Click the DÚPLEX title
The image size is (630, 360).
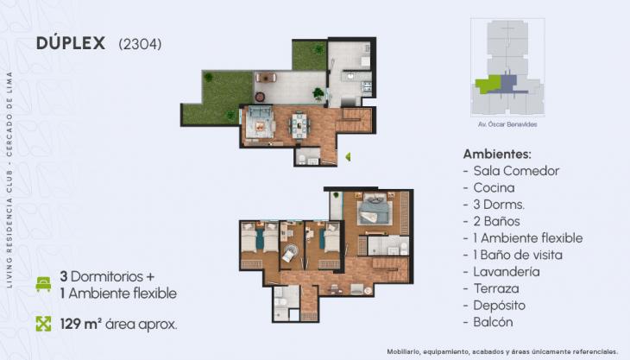point(72,42)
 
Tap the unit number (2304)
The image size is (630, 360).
point(140,43)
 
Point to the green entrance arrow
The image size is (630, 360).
point(347,156)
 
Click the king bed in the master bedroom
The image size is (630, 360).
point(375,210)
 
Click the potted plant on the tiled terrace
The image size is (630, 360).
point(318,93)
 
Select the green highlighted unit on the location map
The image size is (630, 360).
point(488,84)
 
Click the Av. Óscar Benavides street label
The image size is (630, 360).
point(507,124)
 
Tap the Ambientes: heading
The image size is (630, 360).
point(498,153)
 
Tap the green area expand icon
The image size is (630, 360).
point(43,324)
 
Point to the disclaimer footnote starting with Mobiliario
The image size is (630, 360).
point(539,352)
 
